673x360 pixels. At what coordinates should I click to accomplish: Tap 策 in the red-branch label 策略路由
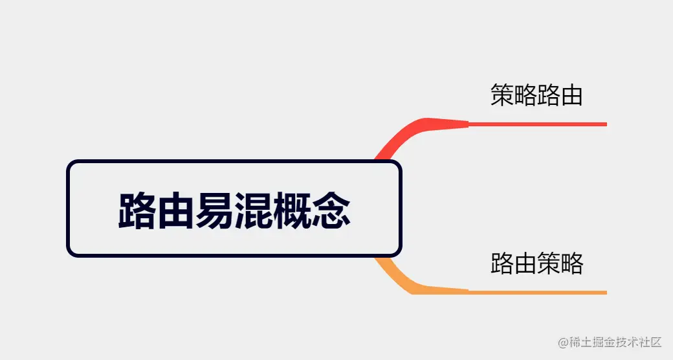tap(502, 95)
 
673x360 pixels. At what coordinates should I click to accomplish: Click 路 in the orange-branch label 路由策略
tap(502, 264)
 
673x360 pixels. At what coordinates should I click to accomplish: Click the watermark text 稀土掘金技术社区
tap(615, 342)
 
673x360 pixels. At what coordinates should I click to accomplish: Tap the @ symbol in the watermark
tap(563, 342)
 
